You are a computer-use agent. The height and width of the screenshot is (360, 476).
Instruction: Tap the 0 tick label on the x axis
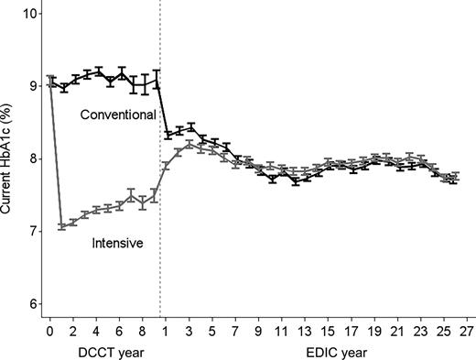click(50, 331)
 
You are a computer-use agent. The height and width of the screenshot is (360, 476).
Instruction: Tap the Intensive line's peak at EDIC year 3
click(189, 145)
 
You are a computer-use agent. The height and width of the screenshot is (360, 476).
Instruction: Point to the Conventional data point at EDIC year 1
click(168, 134)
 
